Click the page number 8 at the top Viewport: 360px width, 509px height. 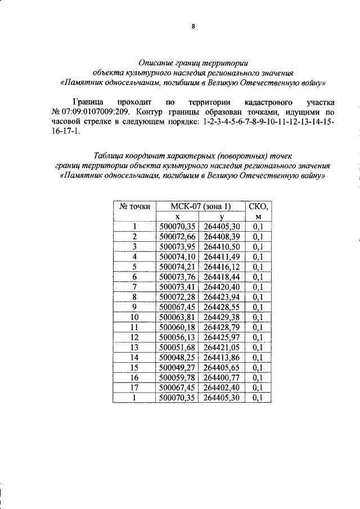coord(192,26)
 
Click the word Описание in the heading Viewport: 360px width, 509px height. coord(156,64)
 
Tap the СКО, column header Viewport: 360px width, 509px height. coord(258,206)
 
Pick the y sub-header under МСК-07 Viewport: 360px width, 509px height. coord(223,217)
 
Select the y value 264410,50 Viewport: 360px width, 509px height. coord(223,246)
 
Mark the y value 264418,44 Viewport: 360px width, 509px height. coord(223,277)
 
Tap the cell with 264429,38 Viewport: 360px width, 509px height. coord(223,317)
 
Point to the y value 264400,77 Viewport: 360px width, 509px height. coord(223,377)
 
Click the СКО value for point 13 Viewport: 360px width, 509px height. coord(258,347)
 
